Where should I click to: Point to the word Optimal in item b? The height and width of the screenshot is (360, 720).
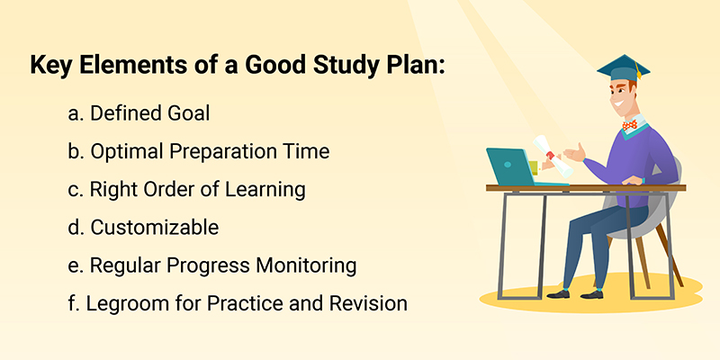pos(124,152)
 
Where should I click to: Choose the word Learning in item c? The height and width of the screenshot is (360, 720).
pos(270,190)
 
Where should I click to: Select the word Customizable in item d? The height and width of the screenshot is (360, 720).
pos(155,228)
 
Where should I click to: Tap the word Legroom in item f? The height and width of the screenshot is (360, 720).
pos(122,303)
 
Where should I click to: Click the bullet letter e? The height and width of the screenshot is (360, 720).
pos(74,266)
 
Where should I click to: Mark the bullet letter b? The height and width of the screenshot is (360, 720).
pos(74,152)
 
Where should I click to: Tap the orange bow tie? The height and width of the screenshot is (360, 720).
pos(629,125)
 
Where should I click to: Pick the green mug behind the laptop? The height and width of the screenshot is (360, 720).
pos(535,167)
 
